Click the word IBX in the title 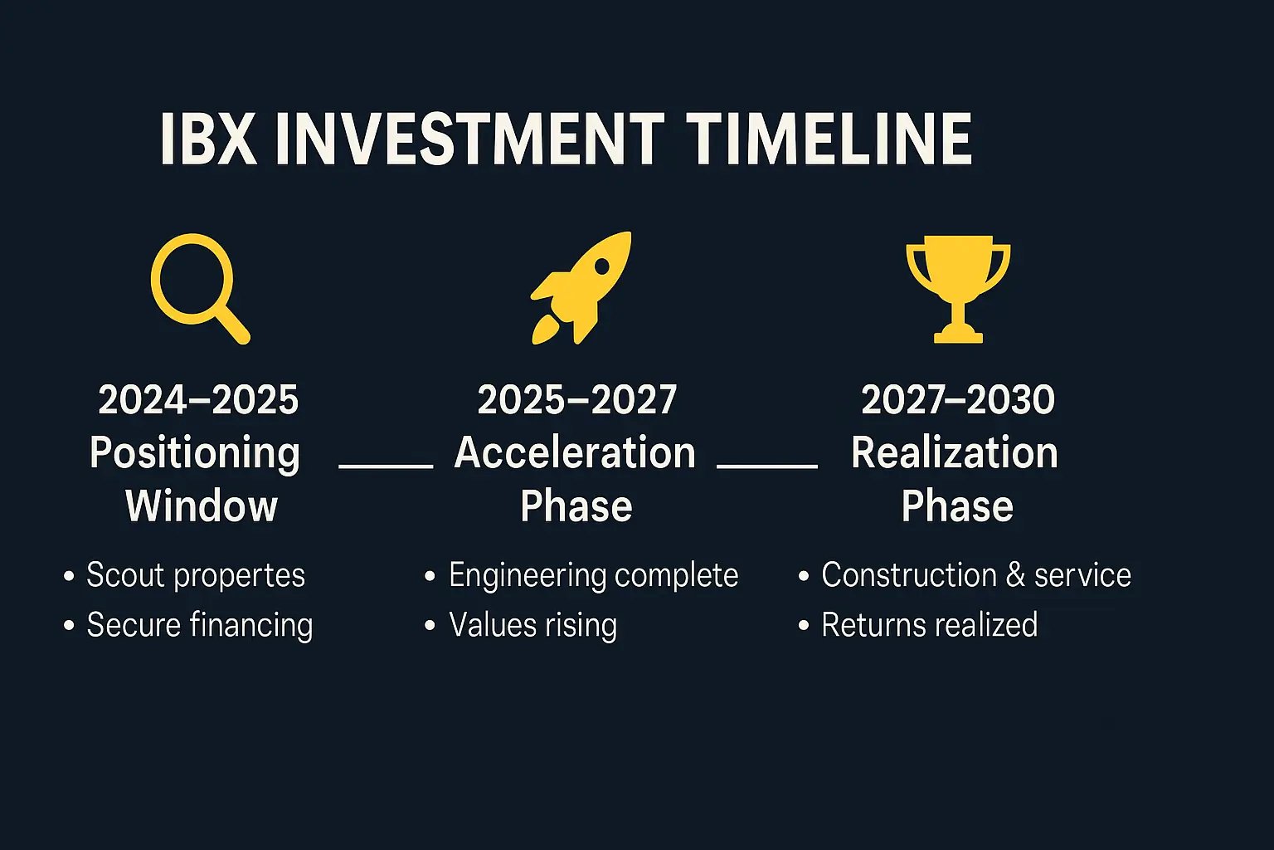tap(207, 139)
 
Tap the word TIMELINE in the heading tap(829, 139)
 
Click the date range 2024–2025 tap(198, 399)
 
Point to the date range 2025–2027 tap(576, 399)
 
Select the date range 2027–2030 tap(958, 399)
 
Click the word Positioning tap(195, 454)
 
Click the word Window tap(202, 506)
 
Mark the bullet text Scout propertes tap(196, 575)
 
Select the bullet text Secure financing tap(200, 625)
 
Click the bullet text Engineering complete tap(594, 575)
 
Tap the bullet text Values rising tap(533, 625)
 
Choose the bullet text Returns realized tap(929, 624)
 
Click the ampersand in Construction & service tap(1016, 575)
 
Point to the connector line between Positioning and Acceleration tap(386, 466)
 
